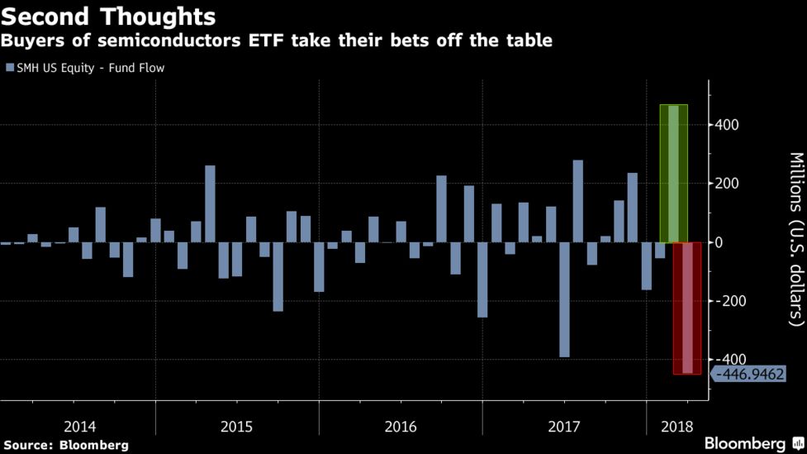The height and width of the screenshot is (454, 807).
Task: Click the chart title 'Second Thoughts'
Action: pyautogui.click(x=109, y=17)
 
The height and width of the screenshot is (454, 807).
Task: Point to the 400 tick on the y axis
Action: pyautogui.click(x=727, y=125)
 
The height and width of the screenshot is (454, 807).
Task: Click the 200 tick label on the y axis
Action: pyautogui.click(x=727, y=184)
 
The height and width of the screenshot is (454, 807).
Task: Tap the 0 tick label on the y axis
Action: pyautogui.click(x=721, y=242)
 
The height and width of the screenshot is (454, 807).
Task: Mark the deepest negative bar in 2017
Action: pyautogui.click(x=564, y=299)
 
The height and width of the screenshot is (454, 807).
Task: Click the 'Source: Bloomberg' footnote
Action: pyautogui.click(x=65, y=445)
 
